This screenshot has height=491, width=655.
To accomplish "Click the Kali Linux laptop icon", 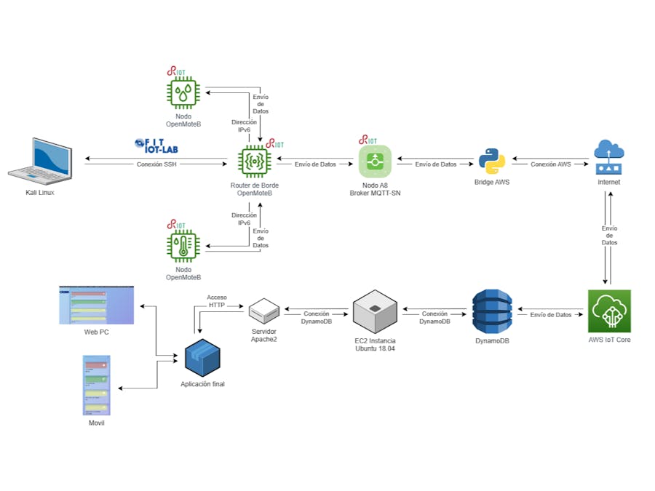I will coord(41,160).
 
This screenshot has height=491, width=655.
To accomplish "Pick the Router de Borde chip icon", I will coord(255,162).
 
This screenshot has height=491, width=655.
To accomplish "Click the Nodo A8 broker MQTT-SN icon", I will coord(375,161).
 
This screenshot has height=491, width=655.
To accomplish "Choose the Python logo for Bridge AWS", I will coord(492,161).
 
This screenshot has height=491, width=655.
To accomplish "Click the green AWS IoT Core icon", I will coord(609,311).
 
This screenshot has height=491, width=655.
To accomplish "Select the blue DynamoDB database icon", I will coord(492,311).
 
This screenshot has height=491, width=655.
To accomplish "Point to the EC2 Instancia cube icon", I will coord(375,311).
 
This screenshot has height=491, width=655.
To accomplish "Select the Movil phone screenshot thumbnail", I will coord(96,385).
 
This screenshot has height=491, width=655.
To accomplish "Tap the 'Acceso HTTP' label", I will coord(217,301).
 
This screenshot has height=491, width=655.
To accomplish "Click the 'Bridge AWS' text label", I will coord(492,182).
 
